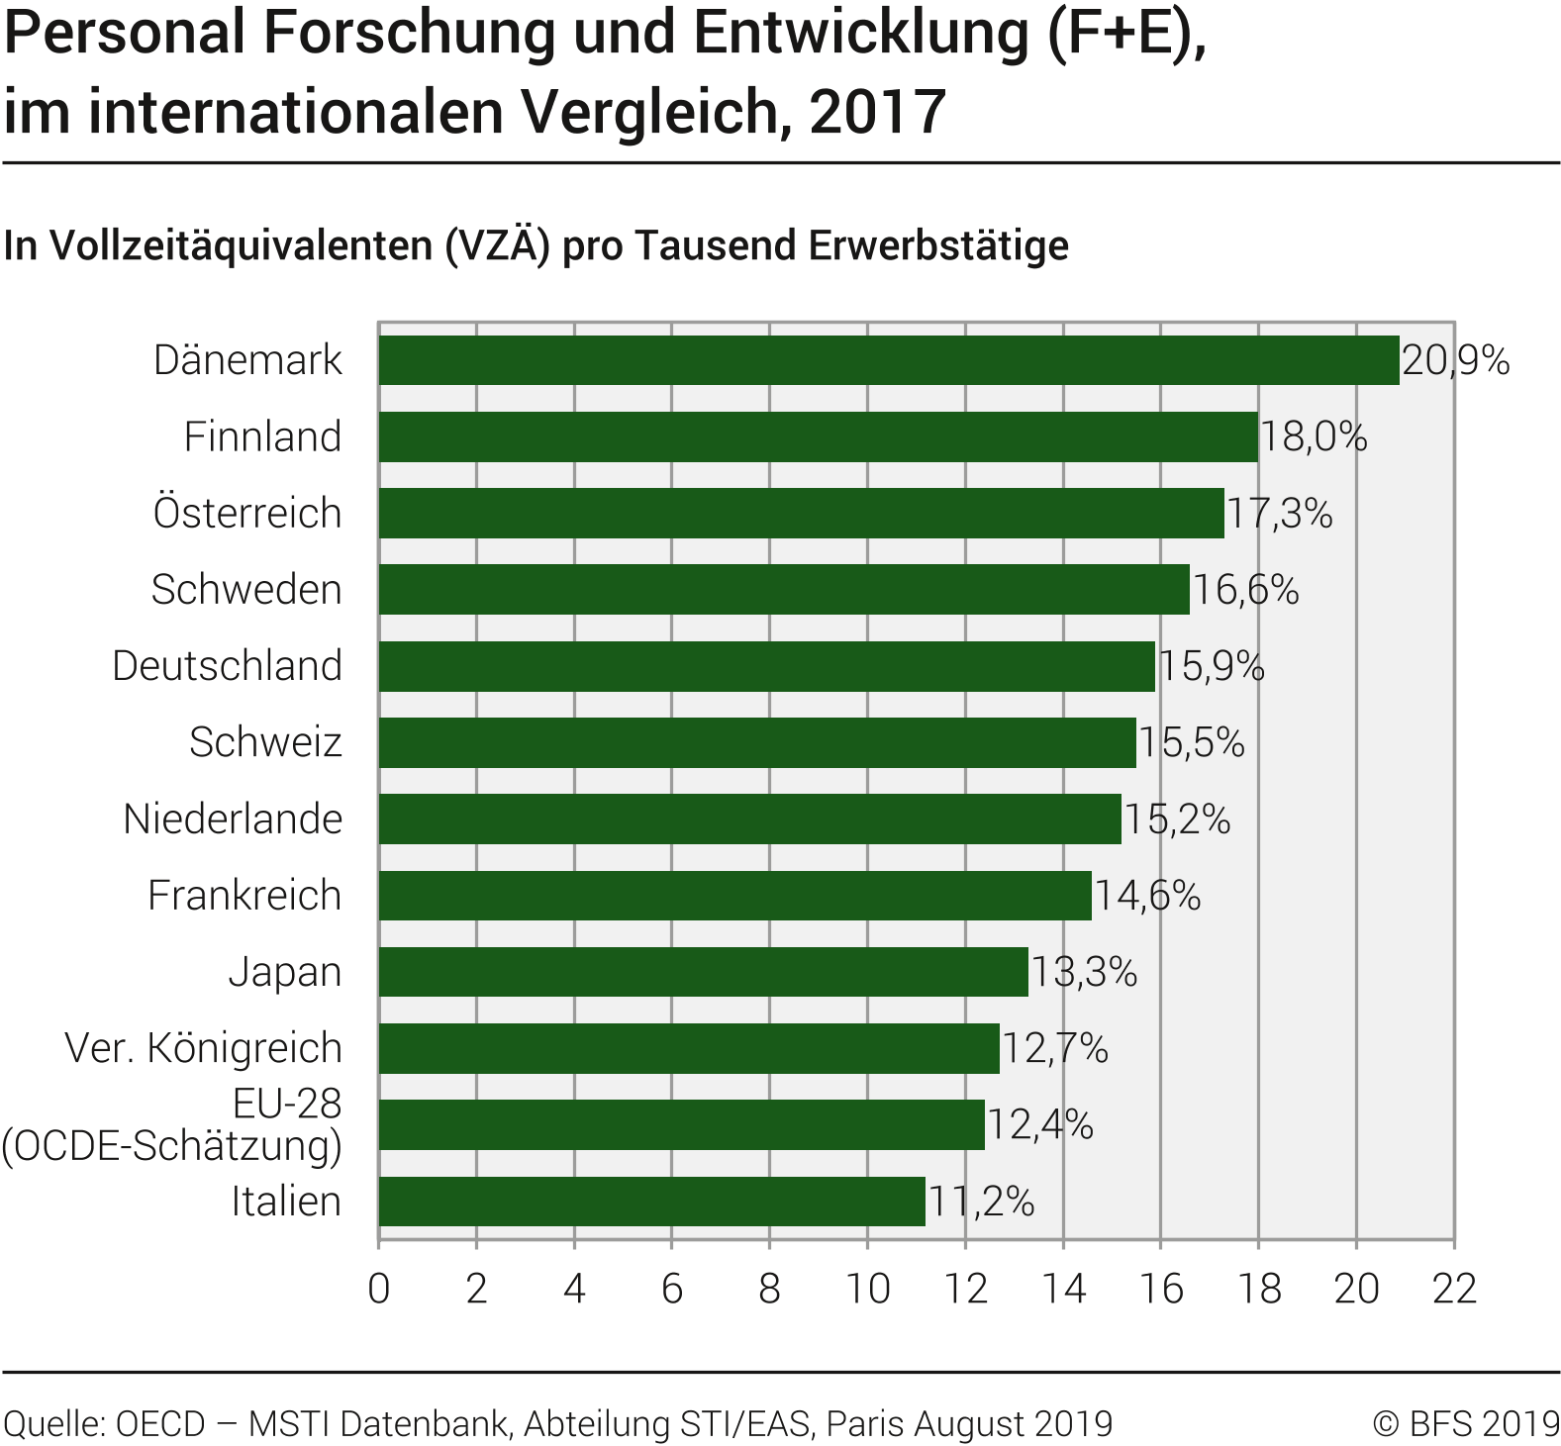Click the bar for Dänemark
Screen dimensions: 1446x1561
pyautogui.click(x=888, y=360)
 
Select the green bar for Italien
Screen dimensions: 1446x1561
pyautogui.click(x=651, y=1202)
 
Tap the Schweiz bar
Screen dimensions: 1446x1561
pyautogui.click(x=756, y=742)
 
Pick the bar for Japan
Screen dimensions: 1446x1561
pyautogui.click(x=703, y=972)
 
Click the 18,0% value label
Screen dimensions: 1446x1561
pyautogui.click(x=1314, y=437)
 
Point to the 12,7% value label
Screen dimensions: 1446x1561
pyautogui.click(x=1055, y=1048)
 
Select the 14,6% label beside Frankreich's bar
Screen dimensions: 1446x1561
pyautogui.click(x=1147, y=896)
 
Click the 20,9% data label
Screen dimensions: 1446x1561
pyautogui.click(x=1455, y=360)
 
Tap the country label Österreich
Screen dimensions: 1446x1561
pyautogui.click(x=247, y=514)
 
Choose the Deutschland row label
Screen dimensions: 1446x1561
pyautogui.click(x=227, y=666)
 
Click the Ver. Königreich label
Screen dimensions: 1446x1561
pyautogui.click(x=203, y=1048)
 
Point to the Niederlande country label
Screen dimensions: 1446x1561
pyautogui.click(x=233, y=819)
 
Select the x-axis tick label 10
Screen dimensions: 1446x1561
pyautogui.click(x=867, y=1289)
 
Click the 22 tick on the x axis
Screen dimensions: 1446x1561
pyautogui.click(x=1454, y=1289)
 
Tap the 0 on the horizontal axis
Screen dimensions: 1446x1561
pyautogui.click(x=378, y=1289)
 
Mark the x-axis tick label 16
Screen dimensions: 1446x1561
pyautogui.click(x=1161, y=1289)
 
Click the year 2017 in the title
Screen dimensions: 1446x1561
pyautogui.click(x=877, y=112)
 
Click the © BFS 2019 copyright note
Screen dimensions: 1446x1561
pyautogui.click(x=1466, y=1423)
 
